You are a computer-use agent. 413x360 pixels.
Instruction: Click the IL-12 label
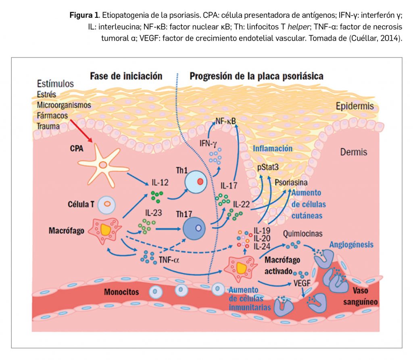160,183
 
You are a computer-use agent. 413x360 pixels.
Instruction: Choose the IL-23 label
154,212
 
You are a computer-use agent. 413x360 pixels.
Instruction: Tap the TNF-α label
170,260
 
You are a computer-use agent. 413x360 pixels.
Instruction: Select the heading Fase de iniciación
126,76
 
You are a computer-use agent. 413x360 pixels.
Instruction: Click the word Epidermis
355,106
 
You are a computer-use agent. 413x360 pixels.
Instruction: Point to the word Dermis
354,152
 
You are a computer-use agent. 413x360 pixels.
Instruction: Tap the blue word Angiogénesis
351,245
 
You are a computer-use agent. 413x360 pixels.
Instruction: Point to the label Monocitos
121,291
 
